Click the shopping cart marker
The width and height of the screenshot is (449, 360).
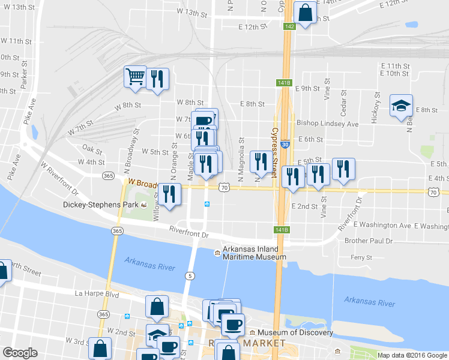pos(135,76)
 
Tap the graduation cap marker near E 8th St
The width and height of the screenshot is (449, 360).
pos(401,106)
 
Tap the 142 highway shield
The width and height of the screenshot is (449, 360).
pos(289,26)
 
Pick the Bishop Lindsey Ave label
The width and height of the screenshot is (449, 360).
pos(327,124)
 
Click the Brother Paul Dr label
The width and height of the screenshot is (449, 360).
pos(368,241)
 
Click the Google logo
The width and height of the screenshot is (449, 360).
pos(20,353)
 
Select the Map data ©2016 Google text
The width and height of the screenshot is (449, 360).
pos(412,355)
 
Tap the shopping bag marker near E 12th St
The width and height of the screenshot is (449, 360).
pos(305,12)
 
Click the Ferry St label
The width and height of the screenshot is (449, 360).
pos(361,257)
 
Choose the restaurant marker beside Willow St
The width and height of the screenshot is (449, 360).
pos(170,194)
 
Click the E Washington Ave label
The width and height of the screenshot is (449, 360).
pos(382,226)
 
